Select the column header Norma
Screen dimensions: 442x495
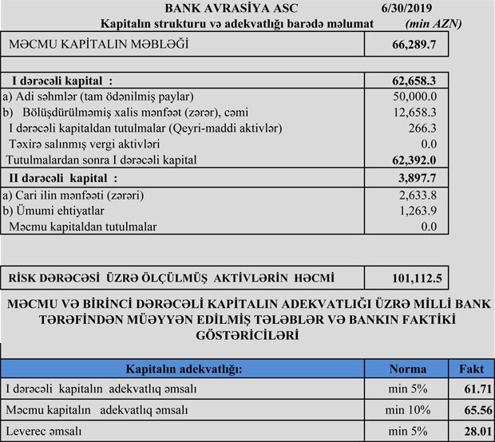point(407,369)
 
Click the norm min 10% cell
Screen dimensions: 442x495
point(407,410)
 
